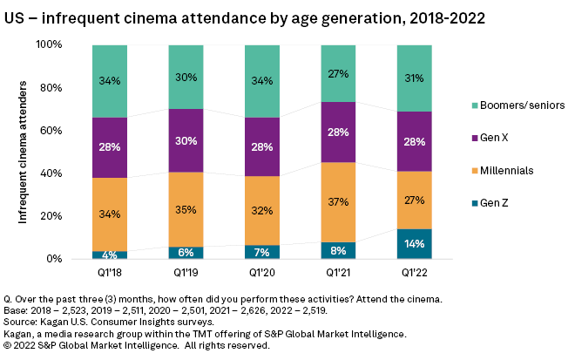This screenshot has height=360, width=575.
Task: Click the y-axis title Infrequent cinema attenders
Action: point(24,151)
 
